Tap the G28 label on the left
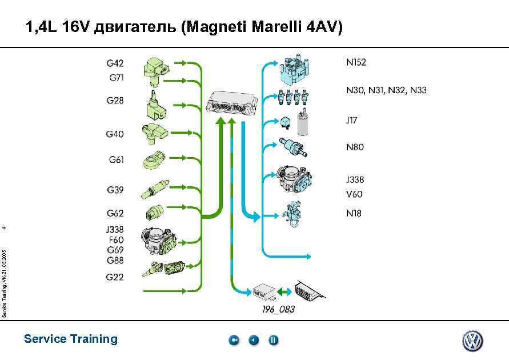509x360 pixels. [x=115, y=101]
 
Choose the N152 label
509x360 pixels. [x=356, y=62]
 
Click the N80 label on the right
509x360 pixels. [x=355, y=147]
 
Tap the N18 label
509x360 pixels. [x=354, y=213]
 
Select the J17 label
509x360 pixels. [x=351, y=120]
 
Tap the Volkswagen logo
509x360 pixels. [x=472, y=341]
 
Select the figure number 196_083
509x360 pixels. [x=278, y=310]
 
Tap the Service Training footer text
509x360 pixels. [x=71, y=339]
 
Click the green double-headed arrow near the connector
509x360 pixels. [x=284, y=291]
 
